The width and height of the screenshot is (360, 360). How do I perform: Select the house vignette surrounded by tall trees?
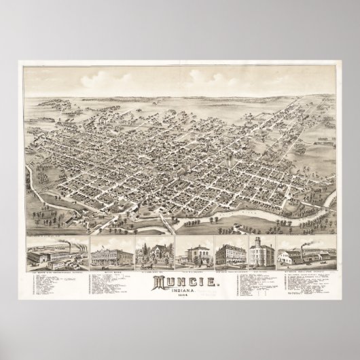[x=154, y=253]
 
